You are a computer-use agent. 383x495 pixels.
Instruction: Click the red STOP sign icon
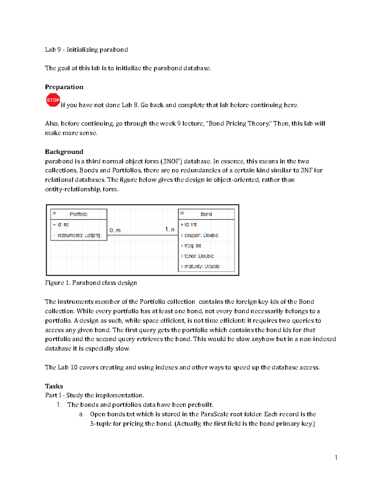pos(53,100)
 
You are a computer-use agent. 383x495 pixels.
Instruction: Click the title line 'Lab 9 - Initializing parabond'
pos(86,50)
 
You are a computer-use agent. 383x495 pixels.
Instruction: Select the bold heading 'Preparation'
pos(64,87)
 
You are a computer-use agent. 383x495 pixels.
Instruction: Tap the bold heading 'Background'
pos(64,152)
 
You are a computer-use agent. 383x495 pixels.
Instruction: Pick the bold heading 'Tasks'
pos(54,386)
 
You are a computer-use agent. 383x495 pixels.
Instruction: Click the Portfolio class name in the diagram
pos(79,214)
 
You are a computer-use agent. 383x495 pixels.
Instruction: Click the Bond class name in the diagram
pos(206,214)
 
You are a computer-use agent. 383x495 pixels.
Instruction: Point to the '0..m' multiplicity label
pos(115,230)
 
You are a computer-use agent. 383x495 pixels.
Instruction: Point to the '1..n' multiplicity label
pos(170,229)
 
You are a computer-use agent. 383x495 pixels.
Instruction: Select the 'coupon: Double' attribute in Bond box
pos(201,236)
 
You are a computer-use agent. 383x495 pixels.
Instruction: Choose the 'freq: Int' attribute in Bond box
pos(193,246)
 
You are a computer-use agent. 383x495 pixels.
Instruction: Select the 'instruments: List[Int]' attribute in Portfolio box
pos(79,236)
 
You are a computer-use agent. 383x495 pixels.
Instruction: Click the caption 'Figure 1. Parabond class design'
pos(91,283)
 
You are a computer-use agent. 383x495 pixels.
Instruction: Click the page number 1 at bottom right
pos(336,458)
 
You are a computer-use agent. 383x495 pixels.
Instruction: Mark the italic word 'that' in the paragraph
pos(309,330)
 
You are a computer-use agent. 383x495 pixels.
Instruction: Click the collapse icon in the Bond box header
pos(182,213)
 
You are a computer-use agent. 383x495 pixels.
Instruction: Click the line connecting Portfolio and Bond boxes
pos(142,235)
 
